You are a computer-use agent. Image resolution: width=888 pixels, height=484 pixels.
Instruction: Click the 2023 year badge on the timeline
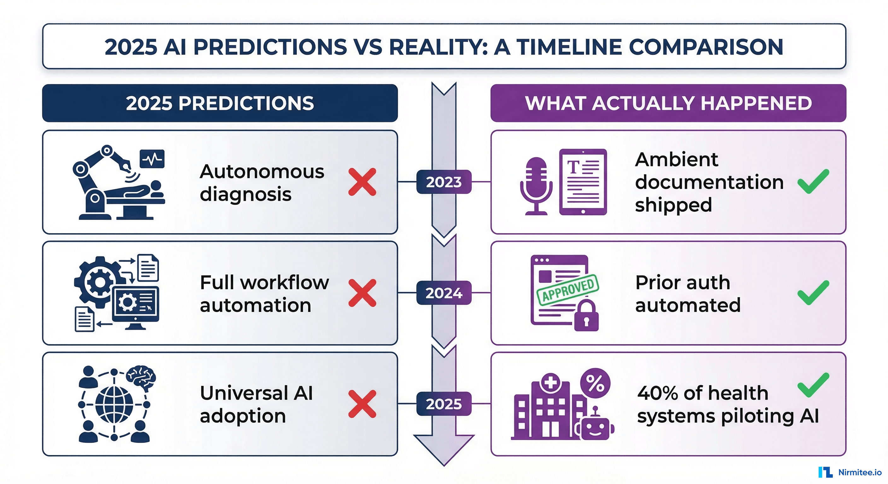tap(444, 181)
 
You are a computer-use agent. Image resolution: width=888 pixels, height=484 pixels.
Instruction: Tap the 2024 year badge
tap(444, 293)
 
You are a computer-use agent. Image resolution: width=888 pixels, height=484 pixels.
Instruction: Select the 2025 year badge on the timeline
tap(444, 404)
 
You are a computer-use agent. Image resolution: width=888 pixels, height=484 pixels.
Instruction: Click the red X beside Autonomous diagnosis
tap(362, 182)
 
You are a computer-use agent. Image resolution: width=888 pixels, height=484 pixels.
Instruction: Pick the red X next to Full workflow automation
tap(362, 293)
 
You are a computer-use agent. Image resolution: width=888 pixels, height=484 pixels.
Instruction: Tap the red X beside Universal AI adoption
tap(362, 404)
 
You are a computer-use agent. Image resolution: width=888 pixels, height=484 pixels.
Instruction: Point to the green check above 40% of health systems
tap(813, 384)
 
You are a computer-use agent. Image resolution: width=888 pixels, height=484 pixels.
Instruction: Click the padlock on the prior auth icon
tap(586, 316)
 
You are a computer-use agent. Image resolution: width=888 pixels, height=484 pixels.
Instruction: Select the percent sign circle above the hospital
tap(595, 383)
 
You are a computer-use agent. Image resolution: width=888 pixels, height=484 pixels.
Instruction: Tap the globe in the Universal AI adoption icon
tap(114, 404)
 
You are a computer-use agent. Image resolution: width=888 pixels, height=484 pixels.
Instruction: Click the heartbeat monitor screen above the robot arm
tap(152, 159)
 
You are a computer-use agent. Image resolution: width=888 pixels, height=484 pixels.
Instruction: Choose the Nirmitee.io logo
tap(850, 472)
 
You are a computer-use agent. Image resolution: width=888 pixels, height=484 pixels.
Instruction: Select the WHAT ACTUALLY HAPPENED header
tap(668, 103)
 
